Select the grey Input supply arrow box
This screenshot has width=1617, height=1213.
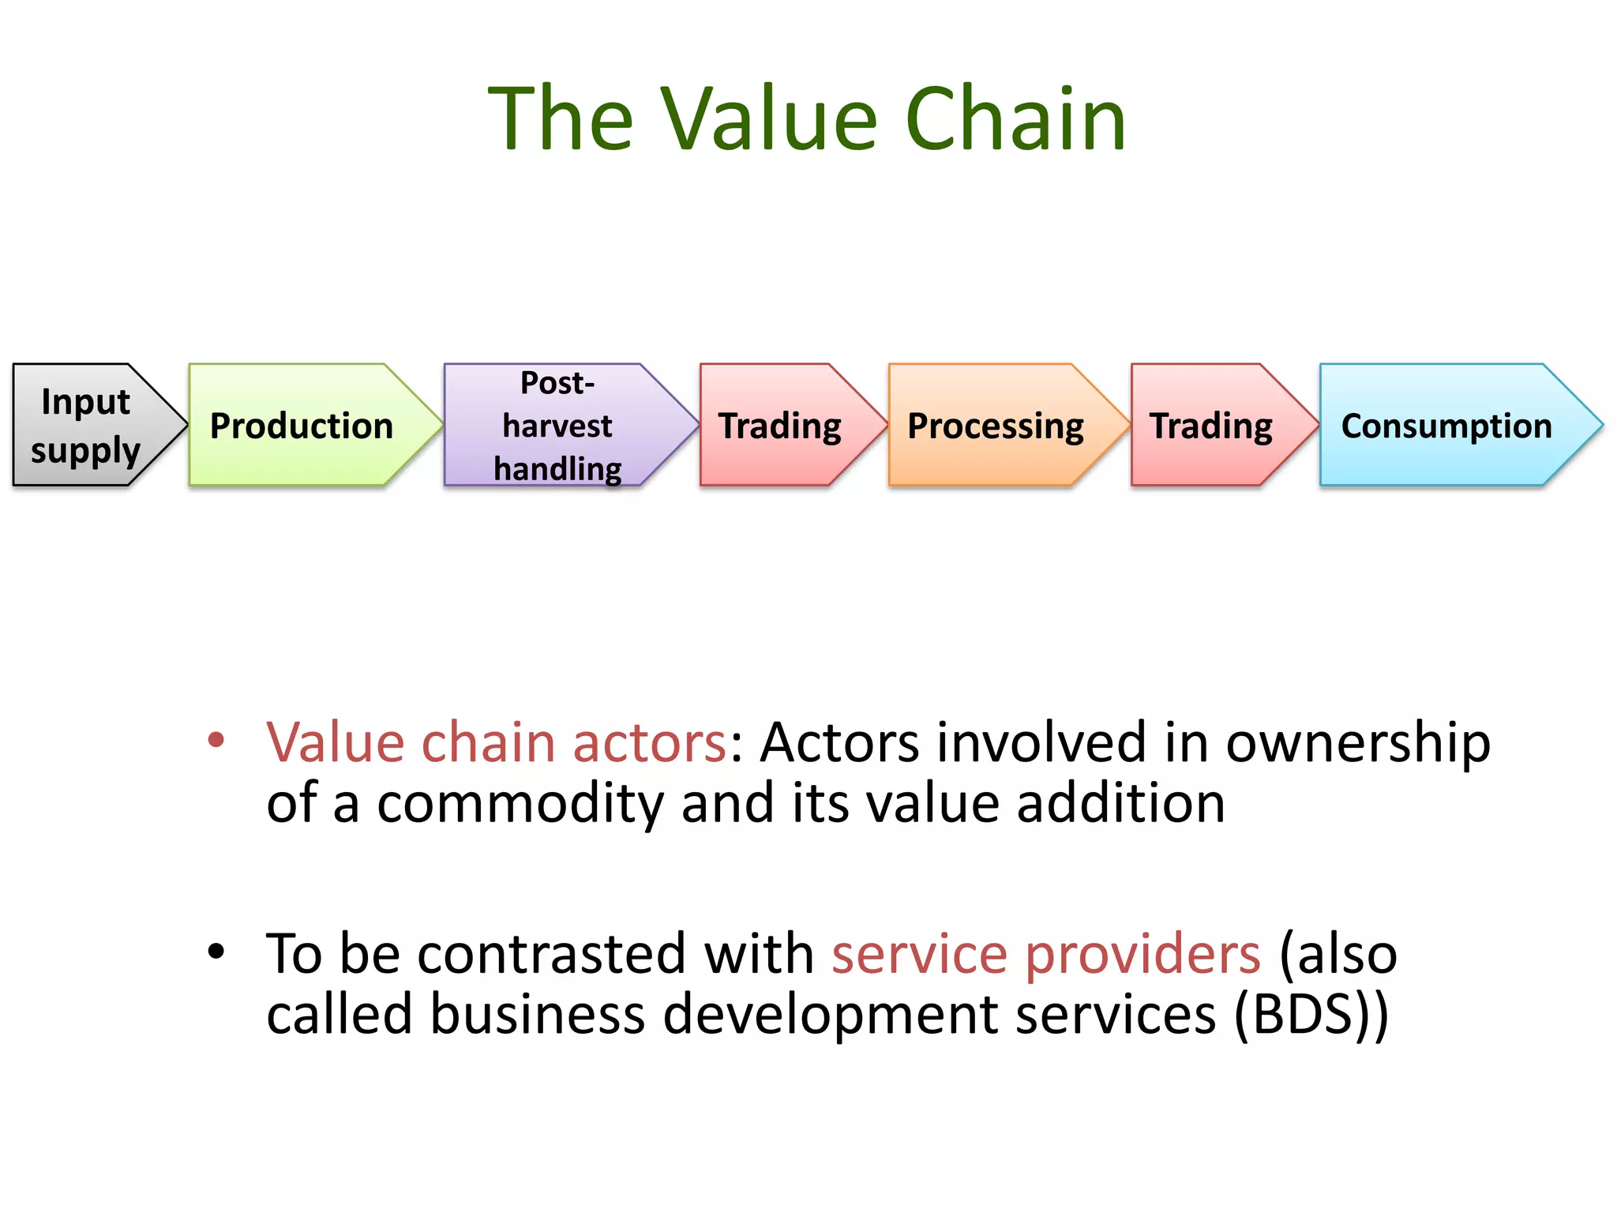click(87, 425)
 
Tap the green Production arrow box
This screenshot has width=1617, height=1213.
click(302, 425)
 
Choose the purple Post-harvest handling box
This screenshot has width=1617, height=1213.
click(557, 425)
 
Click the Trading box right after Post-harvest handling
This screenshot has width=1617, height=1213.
click(780, 425)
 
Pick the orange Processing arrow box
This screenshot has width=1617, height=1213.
click(996, 425)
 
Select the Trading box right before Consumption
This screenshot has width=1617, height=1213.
click(1211, 425)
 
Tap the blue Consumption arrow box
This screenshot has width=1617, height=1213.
click(1446, 425)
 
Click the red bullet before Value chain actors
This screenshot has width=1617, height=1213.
click(216, 741)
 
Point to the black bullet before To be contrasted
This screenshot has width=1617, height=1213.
click(216, 952)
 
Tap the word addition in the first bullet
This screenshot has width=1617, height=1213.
click(1120, 804)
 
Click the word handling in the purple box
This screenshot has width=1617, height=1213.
click(557, 469)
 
